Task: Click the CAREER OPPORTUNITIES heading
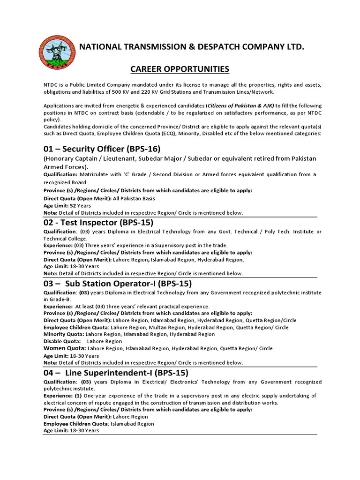click(180, 69)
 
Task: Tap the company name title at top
click(192, 46)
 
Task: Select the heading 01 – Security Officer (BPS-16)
click(102, 149)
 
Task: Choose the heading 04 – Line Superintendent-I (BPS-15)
click(116, 373)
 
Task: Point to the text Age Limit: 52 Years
click(67, 205)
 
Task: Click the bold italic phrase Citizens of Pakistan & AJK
click(238, 106)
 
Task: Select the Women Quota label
click(64, 348)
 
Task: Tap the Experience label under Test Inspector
click(58, 245)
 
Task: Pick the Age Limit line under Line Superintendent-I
click(71, 430)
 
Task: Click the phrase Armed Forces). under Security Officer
click(66, 166)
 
